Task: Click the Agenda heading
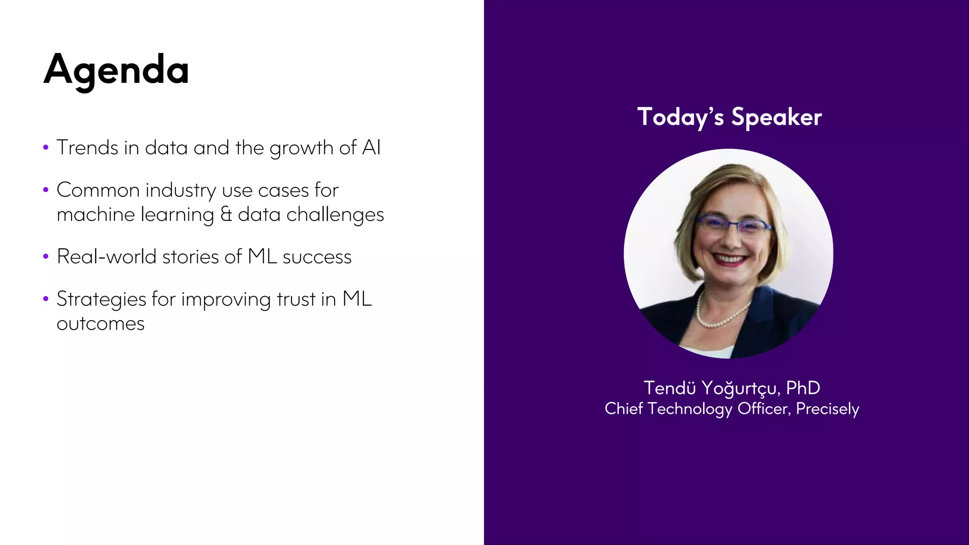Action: click(116, 70)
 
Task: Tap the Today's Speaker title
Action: click(729, 117)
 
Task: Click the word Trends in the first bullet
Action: click(88, 148)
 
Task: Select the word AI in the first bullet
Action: click(371, 148)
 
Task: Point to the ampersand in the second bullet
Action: click(226, 214)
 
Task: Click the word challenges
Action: click(335, 215)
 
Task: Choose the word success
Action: click(317, 257)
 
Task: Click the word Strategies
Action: click(101, 299)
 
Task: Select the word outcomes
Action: click(100, 324)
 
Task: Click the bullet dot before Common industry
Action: click(46, 190)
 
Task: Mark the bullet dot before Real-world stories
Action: click(46, 257)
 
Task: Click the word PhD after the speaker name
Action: click(803, 388)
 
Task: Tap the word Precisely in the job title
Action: click(827, 409)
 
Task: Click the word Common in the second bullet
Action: click(98, 190)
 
